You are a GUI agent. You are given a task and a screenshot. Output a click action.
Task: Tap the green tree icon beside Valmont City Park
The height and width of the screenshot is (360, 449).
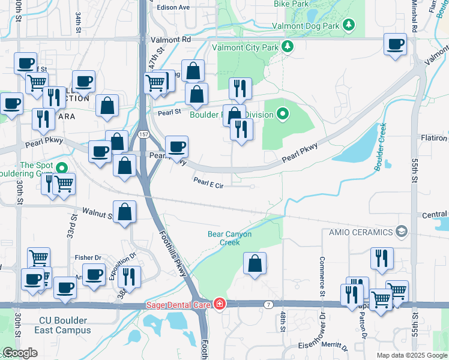coord(288,46)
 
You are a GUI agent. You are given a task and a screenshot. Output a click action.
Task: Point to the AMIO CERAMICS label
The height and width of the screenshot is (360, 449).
coord(359,232)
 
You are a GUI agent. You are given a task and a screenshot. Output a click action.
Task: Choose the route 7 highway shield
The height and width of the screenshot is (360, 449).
coord(269,305)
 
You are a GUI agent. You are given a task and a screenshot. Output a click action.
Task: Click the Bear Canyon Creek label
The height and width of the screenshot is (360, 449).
coord(229,238)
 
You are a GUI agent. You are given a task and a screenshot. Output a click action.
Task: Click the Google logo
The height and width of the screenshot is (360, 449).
coord(20,353)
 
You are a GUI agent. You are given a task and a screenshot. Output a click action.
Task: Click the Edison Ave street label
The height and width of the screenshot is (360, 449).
coord(173,8)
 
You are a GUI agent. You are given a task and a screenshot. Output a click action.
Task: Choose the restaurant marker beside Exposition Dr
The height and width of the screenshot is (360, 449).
coord(128,277)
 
